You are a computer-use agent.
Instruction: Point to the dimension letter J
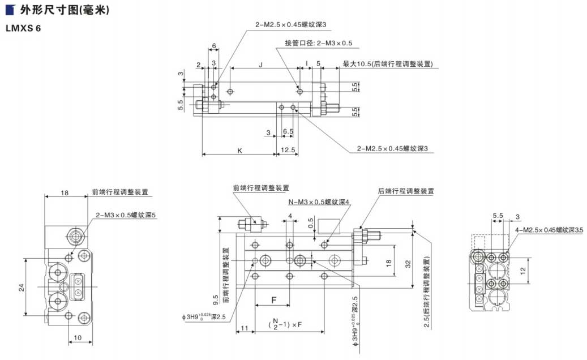[260, 65]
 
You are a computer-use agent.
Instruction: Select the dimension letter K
[239, 151]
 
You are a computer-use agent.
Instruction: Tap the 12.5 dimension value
[288, 151]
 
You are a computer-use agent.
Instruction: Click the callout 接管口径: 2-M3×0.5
[319, 43]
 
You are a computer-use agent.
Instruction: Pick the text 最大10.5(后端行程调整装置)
[388, 65]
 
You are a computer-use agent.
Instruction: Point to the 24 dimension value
[22, 287]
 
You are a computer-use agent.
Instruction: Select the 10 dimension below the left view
[79, 338]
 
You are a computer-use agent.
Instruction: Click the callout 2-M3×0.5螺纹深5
[126, 215]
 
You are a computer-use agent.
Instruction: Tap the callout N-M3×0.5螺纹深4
[319, 202]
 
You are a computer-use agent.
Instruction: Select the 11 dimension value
[245, 327]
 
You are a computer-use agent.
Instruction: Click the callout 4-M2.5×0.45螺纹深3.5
[549, 230]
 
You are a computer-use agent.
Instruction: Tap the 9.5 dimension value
[216, 299]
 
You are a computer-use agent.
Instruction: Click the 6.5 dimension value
[288, 131]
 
